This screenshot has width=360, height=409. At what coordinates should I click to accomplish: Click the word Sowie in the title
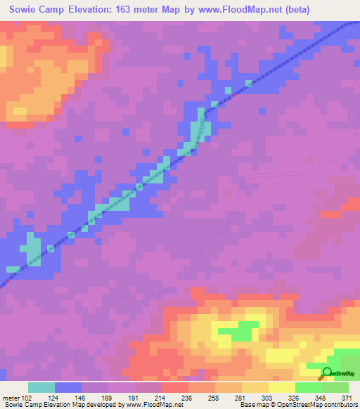pyautogui.click(x=24, y=8)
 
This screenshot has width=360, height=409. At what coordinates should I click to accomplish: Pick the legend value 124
pyautogui.click(x=56, y=397)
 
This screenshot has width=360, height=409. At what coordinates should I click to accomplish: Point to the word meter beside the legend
pyautogui.click(x=11, y=397)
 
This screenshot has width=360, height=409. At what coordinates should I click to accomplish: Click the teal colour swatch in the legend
pyautogui.click(x=41, y=387)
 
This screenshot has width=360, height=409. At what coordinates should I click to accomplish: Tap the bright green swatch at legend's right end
pyautogui.click(x=336, y=387)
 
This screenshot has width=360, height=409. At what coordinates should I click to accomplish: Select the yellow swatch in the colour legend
pyautogui.click(x=282, y=387)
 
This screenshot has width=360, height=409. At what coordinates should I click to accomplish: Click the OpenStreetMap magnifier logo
pyautogui.click(x=326, y=373)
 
